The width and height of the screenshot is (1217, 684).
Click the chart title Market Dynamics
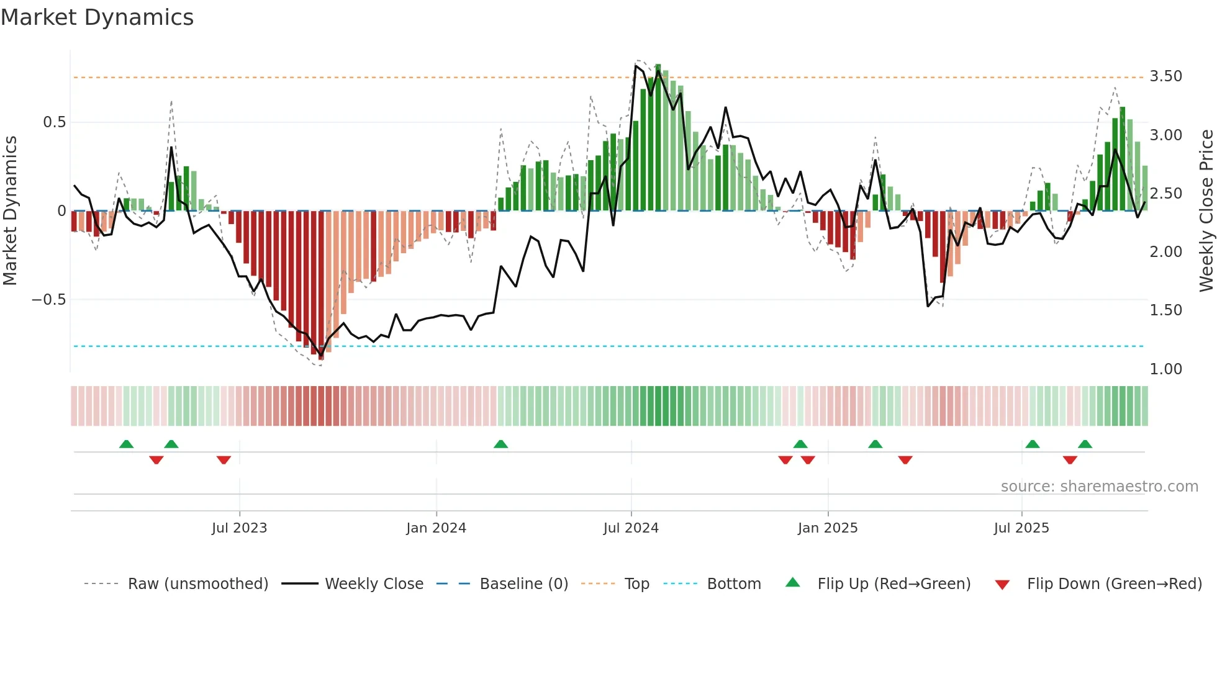[97, 17]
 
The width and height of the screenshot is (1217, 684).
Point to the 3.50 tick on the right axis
[1165, 76]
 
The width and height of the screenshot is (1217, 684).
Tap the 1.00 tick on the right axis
[1165, 369]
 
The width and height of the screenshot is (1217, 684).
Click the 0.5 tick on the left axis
[54, 122]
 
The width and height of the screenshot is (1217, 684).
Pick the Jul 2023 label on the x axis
[239, 528]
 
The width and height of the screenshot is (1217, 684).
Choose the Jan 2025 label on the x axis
[827, 528]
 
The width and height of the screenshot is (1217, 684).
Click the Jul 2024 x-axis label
[630, 528]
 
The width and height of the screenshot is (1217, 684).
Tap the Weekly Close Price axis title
[1206, 211]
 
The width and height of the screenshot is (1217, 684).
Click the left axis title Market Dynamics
[10, 211]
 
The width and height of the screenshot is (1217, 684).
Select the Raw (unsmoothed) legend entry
[197, 584]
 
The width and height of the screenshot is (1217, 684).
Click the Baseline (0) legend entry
[523, 584]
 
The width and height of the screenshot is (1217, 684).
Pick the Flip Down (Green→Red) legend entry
[1114, 584]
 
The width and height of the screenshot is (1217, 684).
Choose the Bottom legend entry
[733, 584]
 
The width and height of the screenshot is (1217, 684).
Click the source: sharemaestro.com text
[1099, 487]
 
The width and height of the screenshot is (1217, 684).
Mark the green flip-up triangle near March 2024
[500, 444]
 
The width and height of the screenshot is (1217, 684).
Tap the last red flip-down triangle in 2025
[1069, 460]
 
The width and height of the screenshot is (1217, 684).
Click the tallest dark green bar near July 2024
[658, 137]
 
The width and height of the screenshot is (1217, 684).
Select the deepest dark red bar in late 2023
[321, 286]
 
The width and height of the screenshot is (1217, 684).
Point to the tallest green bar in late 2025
[1122, 158]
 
